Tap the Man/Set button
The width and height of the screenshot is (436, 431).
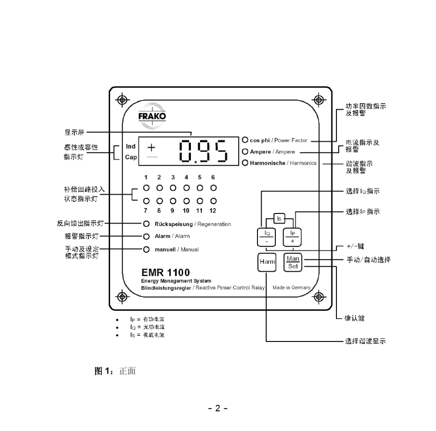tap(292, 262)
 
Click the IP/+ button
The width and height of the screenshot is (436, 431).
tap(292, 237)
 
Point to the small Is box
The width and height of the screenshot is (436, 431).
tap(279, 218)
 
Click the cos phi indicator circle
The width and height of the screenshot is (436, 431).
tap(245, 140)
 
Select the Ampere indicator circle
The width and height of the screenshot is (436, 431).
tap(245, 151)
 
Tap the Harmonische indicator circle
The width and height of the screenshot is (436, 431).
tap(245, 162)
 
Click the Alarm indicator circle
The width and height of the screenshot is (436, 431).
tap(146, 236)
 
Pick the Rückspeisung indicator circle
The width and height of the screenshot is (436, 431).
tap(146, 224)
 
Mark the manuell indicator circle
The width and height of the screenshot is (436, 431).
tap(146, 249)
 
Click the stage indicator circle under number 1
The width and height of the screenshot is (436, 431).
tap(145, 188)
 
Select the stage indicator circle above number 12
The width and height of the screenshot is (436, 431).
tap(213, 201)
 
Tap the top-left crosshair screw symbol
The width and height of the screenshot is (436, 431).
tap(122, 100)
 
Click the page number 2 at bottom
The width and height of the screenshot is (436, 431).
tap(218, 408)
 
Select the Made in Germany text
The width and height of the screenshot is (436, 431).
tap(292, 288)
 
